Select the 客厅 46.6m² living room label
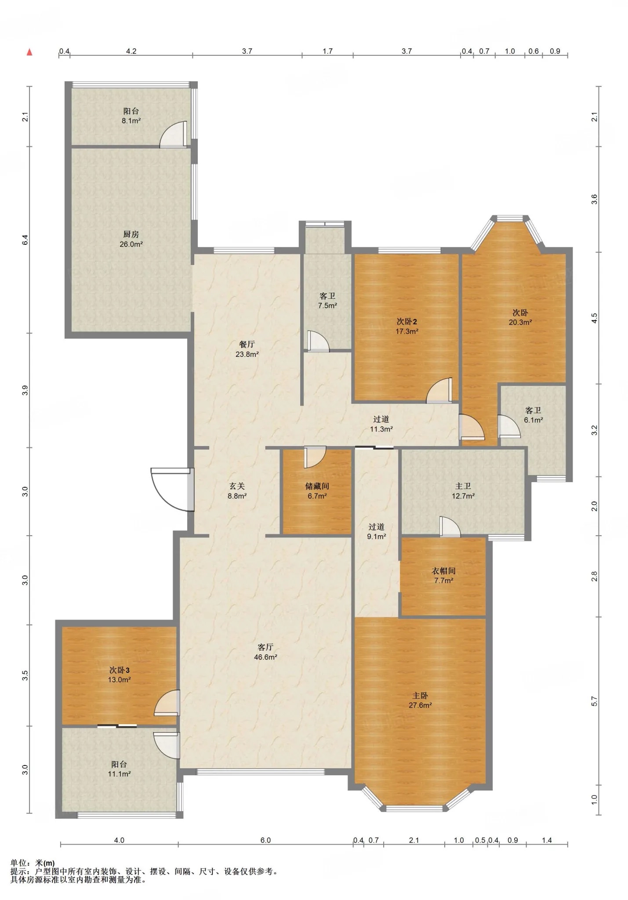pos(265,652)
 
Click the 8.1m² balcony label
pos(131,121)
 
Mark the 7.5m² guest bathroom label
pos(327,305)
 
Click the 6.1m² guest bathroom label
pos(533,420)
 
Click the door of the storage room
pos(315,457)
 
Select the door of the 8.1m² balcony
pos(174,134)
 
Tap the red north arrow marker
pos(29,52)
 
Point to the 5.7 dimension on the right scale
pos(594,701)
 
